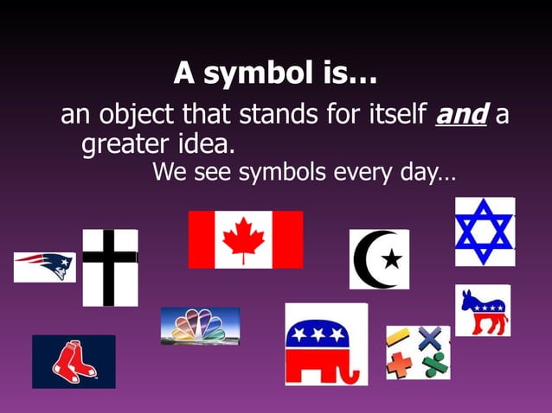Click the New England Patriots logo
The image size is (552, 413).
point(44,266)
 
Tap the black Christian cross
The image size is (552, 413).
point(109,267)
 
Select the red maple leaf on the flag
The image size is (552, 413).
point(244,239)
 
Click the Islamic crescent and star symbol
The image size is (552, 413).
point(379,258)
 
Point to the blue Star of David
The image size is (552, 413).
point(485,231)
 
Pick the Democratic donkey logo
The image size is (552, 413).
point(483,310)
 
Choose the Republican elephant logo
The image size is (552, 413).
point(325,344)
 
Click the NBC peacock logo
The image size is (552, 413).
point(199,326)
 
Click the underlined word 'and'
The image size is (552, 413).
point(461,114)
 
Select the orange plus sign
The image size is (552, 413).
point(400,365)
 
